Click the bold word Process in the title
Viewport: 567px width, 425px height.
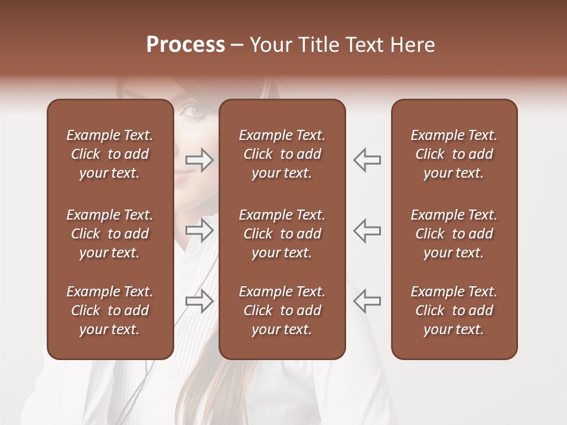(x=185, y=45)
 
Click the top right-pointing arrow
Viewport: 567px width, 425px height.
(x=199, y=160)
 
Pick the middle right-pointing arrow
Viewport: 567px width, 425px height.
(x=199, y=230)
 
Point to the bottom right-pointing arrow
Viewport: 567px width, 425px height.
(x=199, y=301)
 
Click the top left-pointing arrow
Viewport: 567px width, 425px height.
(x=367, y=160)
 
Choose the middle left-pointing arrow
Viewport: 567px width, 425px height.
(x=367, y=230)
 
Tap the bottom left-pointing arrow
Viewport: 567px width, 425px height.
(x=367, y=301)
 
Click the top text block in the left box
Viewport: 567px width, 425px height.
(x=110, y=154)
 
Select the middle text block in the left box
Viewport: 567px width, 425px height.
(x=110, y=234)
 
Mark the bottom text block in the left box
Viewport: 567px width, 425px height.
(x=110, y=310)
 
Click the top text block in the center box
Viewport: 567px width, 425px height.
(x=282, y=154)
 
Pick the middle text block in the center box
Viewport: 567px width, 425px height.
(x=282, y=234)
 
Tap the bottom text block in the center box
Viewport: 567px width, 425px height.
(x=282, y=310)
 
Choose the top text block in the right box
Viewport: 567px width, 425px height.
(x=454, y=154)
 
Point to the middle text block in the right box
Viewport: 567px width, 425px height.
(x=454, y=234)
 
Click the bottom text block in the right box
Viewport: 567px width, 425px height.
(x=454, y=310)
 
